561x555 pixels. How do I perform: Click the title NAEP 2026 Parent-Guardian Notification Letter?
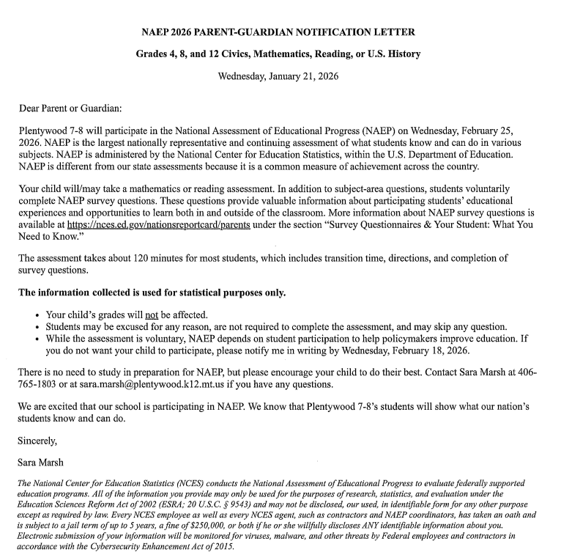(x=278, y=32)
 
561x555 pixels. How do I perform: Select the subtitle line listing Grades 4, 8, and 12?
(x=278, y=54)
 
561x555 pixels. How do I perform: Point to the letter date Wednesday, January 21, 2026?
(x=278, y=76)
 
